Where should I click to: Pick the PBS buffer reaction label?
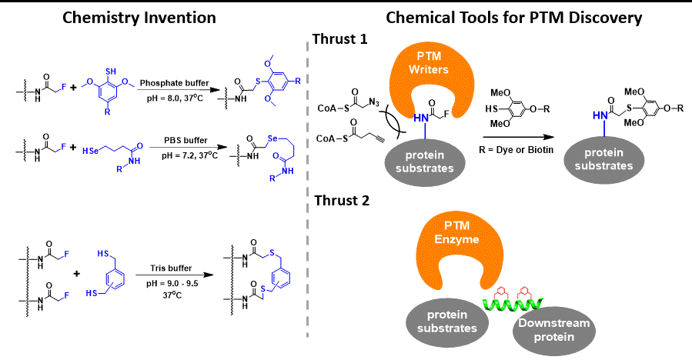tap(174, 139)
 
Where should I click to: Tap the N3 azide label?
tap(384, 113)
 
